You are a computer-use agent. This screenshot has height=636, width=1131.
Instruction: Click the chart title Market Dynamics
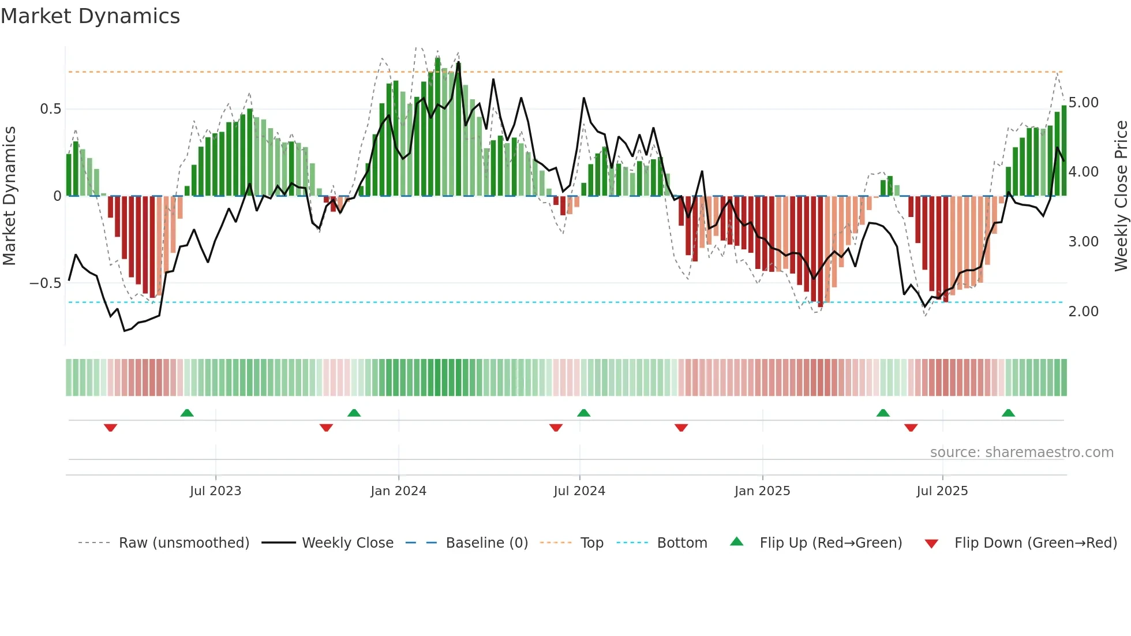coord(90,16)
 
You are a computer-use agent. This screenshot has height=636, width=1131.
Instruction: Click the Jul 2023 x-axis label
coord(215,491)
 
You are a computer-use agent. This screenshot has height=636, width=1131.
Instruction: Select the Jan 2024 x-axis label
coord(398,491)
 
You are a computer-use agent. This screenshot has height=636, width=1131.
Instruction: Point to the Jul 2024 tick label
coord(579,491)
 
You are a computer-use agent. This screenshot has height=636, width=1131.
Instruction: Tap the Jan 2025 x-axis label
coord(762,491)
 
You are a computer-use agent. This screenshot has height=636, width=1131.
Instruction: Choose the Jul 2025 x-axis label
coord(942,491)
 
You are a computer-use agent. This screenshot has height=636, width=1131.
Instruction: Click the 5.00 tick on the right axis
coord(1083,103)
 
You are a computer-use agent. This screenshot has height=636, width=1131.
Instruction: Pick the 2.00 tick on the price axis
coord(1083,312)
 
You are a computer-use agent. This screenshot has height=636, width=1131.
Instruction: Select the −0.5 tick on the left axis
coord(45,283)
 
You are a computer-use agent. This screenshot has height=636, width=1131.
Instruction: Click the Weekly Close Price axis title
coord(1121,196)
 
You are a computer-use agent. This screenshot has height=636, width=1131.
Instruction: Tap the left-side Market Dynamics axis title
coord(9,196)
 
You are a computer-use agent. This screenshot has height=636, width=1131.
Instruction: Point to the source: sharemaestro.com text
coord(1021,452)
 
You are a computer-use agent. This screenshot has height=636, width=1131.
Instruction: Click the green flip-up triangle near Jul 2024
coord(583,413)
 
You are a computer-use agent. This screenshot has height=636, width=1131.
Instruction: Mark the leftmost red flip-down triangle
coord(110,428)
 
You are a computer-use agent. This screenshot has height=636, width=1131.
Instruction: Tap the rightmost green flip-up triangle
coord(1008,413)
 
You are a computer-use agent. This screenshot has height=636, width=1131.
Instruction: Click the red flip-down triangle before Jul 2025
coord(911,428)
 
